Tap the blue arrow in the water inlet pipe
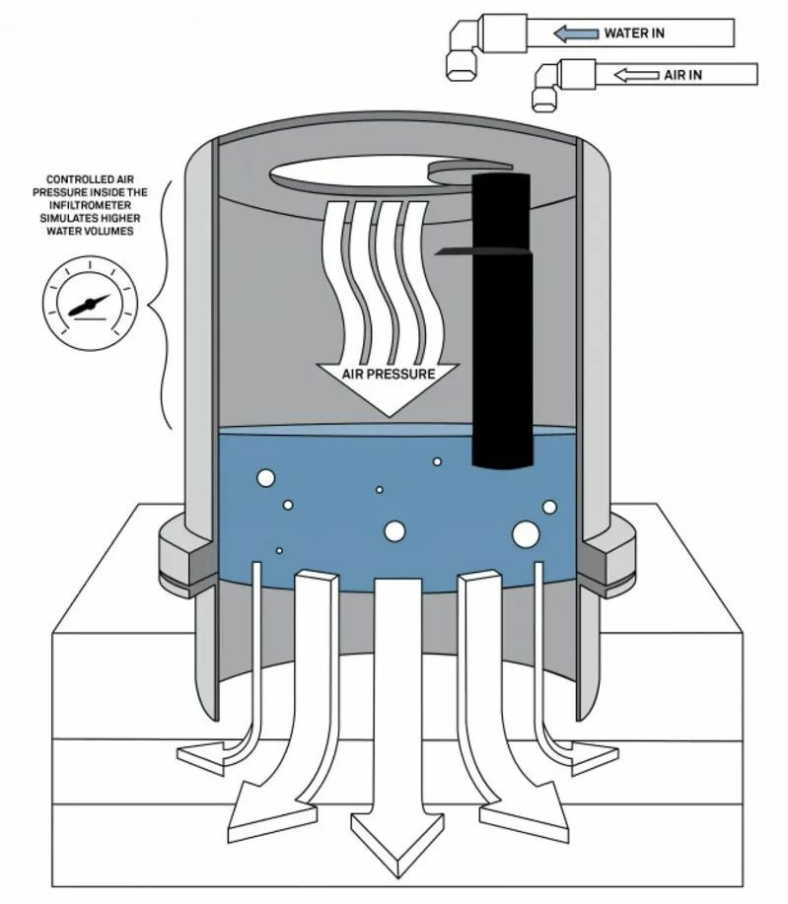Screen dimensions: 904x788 pyautogui.click(x=575, y=35)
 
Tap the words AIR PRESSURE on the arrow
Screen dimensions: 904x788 pyautogui.click(x=388, y=375)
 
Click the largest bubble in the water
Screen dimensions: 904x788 pyautogui.click(x=526, y=533)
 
